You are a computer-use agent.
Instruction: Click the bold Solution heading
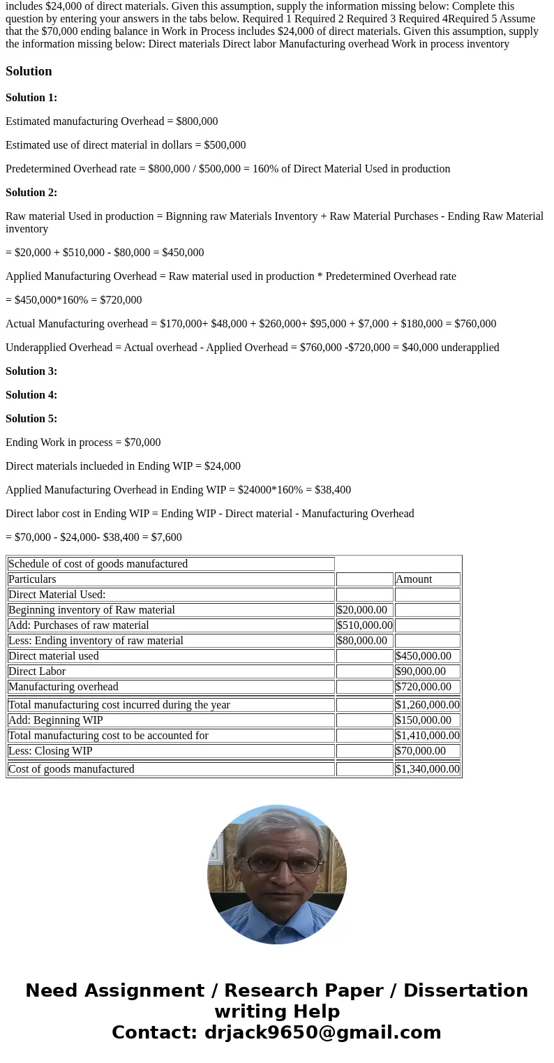pos(29,71)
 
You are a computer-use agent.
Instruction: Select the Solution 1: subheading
pos(31,98)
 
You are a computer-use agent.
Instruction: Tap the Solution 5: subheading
pos(31,419)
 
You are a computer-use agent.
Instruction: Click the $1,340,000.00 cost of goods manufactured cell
pos(427,769)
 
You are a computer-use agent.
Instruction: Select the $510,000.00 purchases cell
pos(364,625)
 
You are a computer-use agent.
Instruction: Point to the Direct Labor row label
pos(37,671)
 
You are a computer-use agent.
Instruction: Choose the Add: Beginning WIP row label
pos(56,720)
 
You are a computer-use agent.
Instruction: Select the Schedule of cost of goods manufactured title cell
pos(98,564)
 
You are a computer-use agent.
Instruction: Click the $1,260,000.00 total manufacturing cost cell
pos(427,705)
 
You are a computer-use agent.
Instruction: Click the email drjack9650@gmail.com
pos(322,1033)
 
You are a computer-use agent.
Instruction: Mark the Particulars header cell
pos(32,579)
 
